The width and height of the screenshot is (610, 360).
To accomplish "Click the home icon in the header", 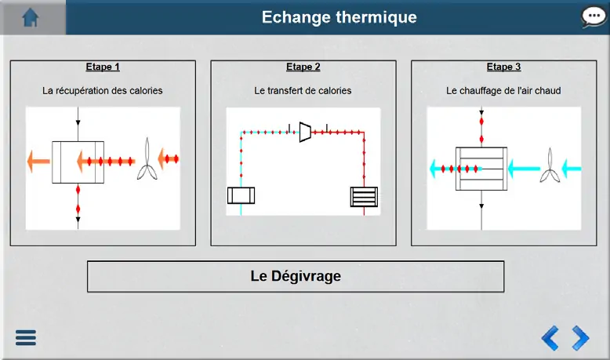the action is point(31,17).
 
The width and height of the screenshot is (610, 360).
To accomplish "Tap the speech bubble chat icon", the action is point(594,17).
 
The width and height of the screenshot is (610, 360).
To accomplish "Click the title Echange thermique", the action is point(339,17).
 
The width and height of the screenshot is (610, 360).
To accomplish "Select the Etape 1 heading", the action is point(103,67).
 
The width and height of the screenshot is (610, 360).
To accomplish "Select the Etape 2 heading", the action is point(303,67).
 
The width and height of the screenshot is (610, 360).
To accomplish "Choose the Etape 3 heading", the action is point(503,67).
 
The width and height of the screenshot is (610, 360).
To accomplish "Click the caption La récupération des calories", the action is point(102,91).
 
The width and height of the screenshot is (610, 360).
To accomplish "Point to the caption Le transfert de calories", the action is point(303,91).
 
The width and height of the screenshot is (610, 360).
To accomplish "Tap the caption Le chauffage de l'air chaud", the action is point(503,91).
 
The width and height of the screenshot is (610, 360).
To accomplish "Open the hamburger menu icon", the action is point(26,337).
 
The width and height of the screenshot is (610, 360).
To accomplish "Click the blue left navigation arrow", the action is point(550,338).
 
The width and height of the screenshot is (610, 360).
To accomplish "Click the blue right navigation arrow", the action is point(580,338).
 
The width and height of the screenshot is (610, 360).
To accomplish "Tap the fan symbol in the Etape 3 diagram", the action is point(550,166).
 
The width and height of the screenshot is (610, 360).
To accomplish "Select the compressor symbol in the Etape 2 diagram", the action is point(305,132).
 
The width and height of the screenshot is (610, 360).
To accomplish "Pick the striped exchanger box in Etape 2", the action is point(364,197).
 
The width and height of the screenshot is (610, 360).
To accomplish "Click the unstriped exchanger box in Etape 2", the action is point(241,195).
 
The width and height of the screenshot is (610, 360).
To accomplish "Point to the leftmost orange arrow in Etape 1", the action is point(38,161).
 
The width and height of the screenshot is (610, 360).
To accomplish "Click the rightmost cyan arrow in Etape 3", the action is point(572,169).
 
